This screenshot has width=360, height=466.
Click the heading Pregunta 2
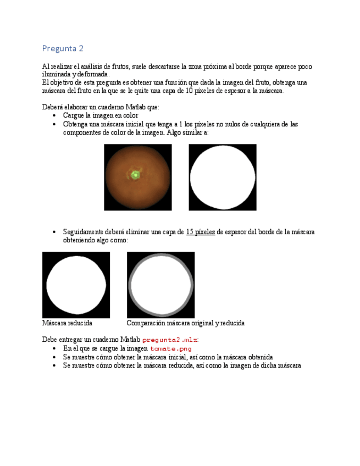click(63, 48)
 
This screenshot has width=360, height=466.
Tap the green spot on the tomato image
click(135, 175)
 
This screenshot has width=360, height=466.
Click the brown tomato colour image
click(137, 177)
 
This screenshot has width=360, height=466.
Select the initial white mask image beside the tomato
click(222, 177)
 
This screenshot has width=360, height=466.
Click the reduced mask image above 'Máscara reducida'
click(76, 285)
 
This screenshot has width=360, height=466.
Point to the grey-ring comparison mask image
click(160, 285)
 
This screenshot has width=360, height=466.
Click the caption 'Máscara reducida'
click(67, 323)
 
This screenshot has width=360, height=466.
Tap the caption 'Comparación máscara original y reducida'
click(185, 323)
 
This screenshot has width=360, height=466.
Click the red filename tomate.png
click(171, 348)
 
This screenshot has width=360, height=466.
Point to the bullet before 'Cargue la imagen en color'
click(53, 116)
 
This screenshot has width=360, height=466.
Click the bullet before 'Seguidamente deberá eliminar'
click(53, 232)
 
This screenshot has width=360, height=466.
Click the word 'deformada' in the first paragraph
click(92, 75)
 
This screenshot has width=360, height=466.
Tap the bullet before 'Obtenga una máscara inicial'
click(53, 124)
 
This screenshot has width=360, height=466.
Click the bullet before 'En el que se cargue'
click(53, 349)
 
